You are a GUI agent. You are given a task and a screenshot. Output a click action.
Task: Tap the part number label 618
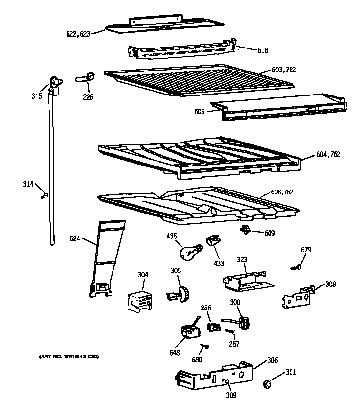[x=263, y=50]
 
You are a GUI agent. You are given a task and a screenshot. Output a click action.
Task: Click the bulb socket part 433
[x=213, y=241]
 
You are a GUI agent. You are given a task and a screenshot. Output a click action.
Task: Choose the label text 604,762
[x=328, y=154]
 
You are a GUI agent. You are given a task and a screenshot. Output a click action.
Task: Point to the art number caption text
[x=69, y=356]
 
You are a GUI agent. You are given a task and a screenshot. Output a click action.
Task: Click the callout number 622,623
[x=78, y=34]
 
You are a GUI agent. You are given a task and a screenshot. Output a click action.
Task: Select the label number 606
[x=199, y=112]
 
